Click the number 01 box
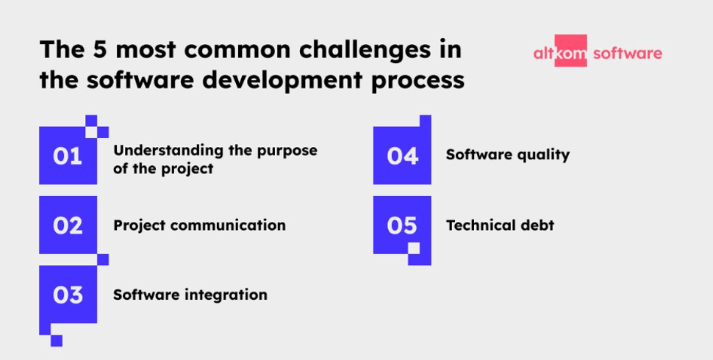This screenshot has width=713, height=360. (68, 156)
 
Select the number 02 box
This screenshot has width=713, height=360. (68, 225)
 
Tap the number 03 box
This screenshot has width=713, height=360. (68, 295)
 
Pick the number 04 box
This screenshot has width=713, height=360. (402, 156)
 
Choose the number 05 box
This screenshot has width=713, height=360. (402, 225)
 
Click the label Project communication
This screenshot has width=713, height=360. (199, 226)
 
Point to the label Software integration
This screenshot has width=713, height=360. (190, 295)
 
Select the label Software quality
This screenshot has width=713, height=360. (507, 155)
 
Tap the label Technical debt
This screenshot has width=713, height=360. (500, 225)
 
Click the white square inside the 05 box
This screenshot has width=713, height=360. (414, 248)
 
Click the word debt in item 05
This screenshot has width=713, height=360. (537, 225)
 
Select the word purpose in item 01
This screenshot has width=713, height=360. (287, 150)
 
